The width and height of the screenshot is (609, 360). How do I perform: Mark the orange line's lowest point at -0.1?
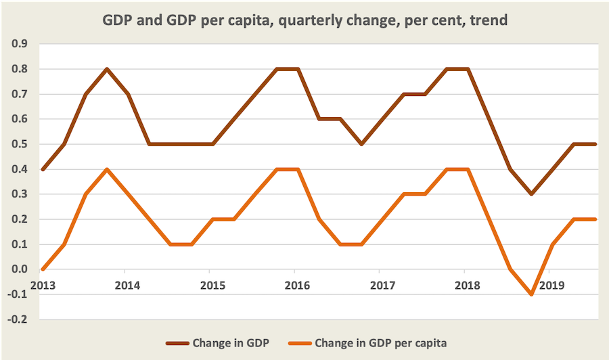point(532,294)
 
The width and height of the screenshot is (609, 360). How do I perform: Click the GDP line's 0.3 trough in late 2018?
point(532,194)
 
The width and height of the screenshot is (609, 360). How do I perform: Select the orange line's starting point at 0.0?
point(42,269)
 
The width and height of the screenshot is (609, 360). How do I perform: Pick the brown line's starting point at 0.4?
point(42,169)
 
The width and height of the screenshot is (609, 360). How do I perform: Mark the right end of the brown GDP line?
point(595,144)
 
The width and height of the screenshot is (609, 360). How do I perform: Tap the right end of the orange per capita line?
point(595,219)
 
